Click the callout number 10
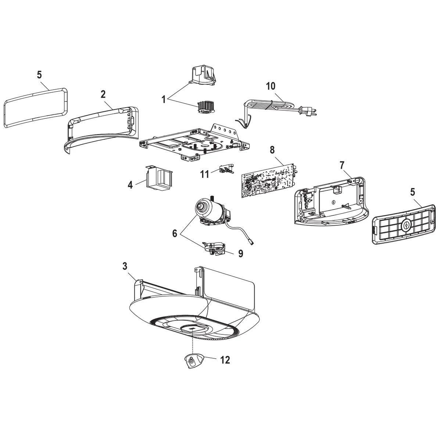pyautogui.click(x=270, y=86)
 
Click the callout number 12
pyautogui.click(x=225, y=360)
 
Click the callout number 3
pyautogui.click(x=125, y=266)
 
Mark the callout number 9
pyautogui.click(x=240, y=254)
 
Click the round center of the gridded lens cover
pyautogui.click(x=406, y=225)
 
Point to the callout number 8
pyautogui.click(x=272, y=150)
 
